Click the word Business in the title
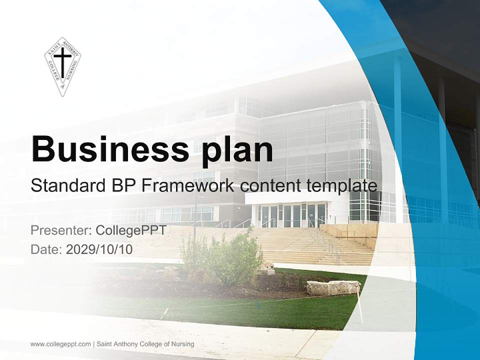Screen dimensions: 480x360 pos(110,149)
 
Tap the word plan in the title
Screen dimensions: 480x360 pos(236,151)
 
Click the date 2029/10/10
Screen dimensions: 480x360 pos(99,249)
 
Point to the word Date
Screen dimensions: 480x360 pos(46,249)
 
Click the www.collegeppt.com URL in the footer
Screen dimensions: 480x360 pos(60,344)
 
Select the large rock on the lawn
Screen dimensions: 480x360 pos(333,288)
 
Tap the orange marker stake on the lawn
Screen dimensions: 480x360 pos(359,304)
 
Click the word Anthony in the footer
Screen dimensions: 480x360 pos(126,344)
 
